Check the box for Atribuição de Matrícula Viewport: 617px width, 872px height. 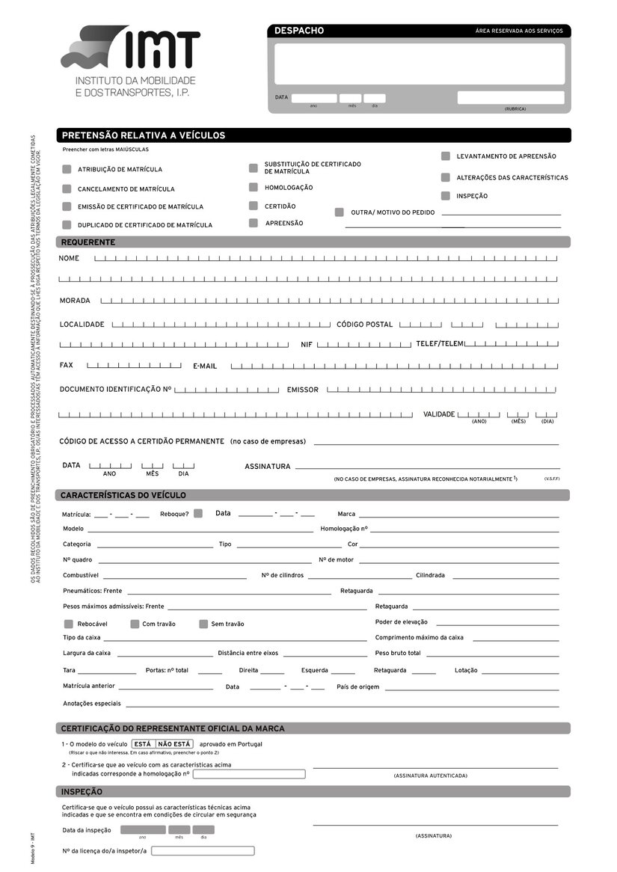[67, 170]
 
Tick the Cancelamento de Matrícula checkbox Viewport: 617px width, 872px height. [67, 189]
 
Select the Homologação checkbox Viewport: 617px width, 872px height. [254, 187]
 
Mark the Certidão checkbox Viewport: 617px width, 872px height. [254, 206]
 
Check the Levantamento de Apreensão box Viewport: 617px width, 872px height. [446, 156]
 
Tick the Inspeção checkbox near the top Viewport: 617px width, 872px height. [446, 196]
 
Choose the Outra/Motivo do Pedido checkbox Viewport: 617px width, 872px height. [340, 212]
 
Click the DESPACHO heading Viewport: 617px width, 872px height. [299, 31]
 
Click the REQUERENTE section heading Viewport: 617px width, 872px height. [88, 242]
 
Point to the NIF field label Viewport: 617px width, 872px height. [307, 345]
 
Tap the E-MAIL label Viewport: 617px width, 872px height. [205, 366]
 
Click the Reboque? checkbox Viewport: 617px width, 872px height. [198, 513]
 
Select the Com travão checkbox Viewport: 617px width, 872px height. [135, 624]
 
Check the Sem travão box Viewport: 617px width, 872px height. [203, 624]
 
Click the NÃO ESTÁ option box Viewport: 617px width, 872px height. [174, 744]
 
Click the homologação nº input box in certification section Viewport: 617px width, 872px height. [249, 774]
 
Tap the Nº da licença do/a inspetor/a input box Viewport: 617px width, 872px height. [203, 851]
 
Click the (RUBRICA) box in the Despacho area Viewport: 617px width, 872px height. [511, 97]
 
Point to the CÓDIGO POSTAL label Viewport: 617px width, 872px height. [364, 325]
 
